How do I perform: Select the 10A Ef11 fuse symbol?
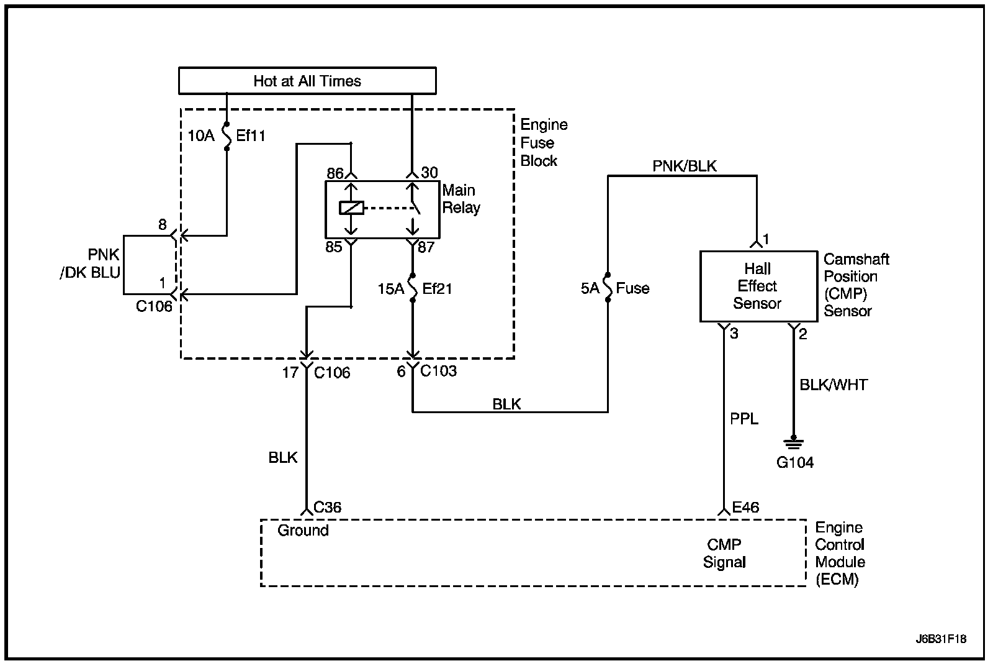[x=227, y=136]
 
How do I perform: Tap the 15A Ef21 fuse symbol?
[x=413, y=288]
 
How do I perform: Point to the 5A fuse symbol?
[x=608, y=288]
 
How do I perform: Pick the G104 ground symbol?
[x=794, y=443]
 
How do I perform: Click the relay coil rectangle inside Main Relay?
[x=351, y=208]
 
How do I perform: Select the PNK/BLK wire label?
[x=684, y=166]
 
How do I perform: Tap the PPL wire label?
[x=744, y=419]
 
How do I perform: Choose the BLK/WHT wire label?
[x=833, y=385]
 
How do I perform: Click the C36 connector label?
[x=327, y=507]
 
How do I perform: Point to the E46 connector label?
[x=745, y=507]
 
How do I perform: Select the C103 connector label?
[x=438, y=370]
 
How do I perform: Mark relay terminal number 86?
[x=335, y=173]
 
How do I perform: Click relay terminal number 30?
[x=429, y=173]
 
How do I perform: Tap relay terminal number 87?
[x=426, y=247]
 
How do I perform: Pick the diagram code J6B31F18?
[x=941, y=639]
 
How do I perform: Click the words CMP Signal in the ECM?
[x=724, y=553]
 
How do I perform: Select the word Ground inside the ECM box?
[x=303, y=531]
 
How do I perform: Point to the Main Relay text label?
[x=461, y=199]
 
